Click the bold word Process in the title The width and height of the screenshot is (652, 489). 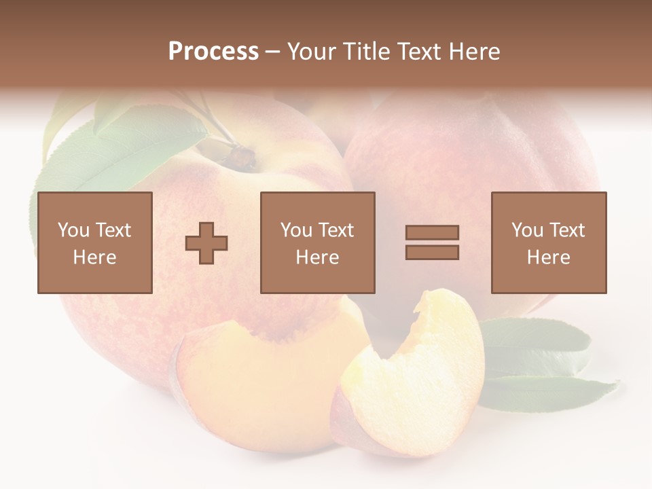pyautogui.click(x=213, y=52)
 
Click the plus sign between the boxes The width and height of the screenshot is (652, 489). pyautogui.click(x=206, y=242)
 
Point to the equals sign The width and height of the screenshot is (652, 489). pyautogui.click(x=432, y=242)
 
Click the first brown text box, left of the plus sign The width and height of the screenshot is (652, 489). pyautogui.click(x=94, y=242)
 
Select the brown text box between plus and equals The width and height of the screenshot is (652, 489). pyautogui.click(x=317, y=242)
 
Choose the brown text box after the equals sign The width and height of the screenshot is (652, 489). pyautogui.click(x=548, y=242)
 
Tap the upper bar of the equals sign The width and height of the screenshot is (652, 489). pyautogui.click(x=432, y=233)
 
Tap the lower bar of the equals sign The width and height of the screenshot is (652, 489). pyautogui.click(x=432, y=252)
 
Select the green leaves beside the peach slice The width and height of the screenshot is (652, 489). pyautogui.click(x=543, y=360)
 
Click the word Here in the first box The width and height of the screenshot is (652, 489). pyautogui.click(x=94, y=257)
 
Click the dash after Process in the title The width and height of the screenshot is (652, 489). pyautogui.click(x=272, y=52)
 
